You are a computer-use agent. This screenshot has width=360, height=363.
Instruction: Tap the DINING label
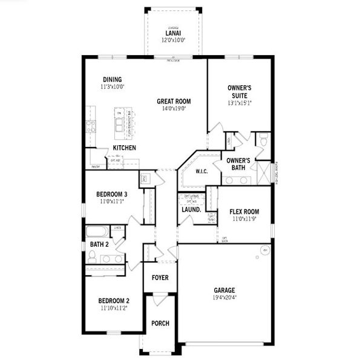(x=113, y=79)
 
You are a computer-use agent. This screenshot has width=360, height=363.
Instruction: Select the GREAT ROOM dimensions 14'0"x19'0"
(x=174, y=109)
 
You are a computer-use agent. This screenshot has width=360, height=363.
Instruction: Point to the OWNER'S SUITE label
(x=240, y=91)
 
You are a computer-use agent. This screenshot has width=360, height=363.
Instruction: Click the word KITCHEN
(x=124, y=148)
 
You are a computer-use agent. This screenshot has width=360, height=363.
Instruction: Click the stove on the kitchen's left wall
(x=91, y=126)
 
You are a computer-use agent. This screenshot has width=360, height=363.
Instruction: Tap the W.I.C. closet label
(x=201, y=171)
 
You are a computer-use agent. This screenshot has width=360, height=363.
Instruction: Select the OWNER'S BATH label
(x=238, y=163)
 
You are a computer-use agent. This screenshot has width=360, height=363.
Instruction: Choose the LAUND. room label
(x=191, y=210)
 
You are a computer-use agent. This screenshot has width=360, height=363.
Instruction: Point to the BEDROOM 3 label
(x=112, y=194)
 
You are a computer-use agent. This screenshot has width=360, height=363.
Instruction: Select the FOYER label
(x=160, y=278)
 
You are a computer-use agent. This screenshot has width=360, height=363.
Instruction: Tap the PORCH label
(x=160, y=323)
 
